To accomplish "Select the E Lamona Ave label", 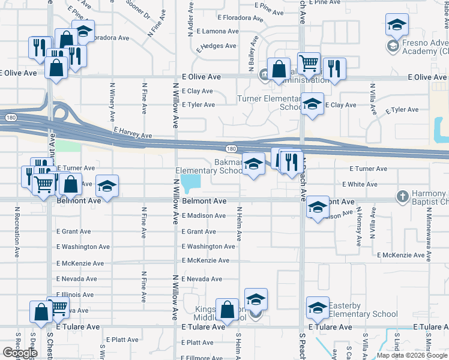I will (220, 31).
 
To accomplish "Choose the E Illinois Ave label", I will (75, 295).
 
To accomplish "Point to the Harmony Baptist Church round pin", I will (402, 196).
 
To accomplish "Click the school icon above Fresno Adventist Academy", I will (396, 25).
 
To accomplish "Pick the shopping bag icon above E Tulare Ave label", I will (228, 310).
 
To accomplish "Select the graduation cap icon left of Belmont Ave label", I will (107, 186).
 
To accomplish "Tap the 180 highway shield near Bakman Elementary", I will (231, 148).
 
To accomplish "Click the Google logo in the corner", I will (20, 353).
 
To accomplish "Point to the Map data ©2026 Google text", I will (411, 355).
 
